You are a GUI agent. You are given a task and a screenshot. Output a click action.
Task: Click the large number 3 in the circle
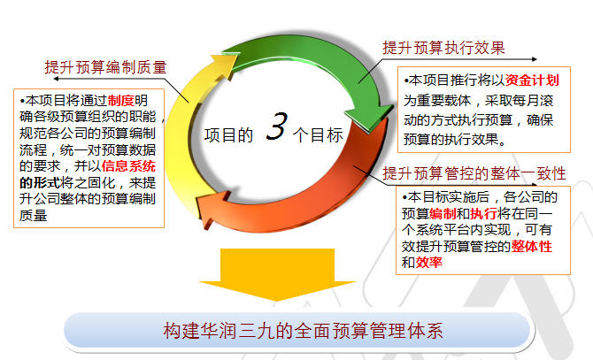(277, 126)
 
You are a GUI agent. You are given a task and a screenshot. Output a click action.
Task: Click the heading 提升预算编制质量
(105, 67)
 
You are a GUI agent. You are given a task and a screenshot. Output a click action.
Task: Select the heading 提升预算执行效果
(443, 48)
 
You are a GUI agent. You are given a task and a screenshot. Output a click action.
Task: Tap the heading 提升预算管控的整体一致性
(474, 173)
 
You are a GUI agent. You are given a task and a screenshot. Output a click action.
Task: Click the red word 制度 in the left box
(121, 101)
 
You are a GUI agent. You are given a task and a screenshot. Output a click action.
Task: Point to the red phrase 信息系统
(128, 166)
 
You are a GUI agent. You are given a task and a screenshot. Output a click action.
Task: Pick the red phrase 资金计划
(532, 80)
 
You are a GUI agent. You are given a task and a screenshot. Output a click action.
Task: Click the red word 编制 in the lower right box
(443, 214)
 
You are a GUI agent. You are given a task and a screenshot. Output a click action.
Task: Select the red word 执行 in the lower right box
(484, 214)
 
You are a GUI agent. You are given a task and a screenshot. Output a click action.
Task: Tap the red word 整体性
(532, 246)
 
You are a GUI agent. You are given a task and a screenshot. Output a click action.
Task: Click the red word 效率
(429, 262)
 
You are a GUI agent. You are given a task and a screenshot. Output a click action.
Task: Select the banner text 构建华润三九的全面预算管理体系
(303, 330)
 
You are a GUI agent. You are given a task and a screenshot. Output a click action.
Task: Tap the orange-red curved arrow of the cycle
(303, 211)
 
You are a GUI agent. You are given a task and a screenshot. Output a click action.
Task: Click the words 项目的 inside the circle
(228, 135)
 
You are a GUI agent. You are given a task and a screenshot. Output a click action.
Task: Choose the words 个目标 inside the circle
(318, 135)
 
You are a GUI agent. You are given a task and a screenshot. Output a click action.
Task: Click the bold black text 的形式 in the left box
(40, 183)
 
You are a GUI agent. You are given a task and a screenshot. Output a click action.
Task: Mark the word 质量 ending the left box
(34, 215)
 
